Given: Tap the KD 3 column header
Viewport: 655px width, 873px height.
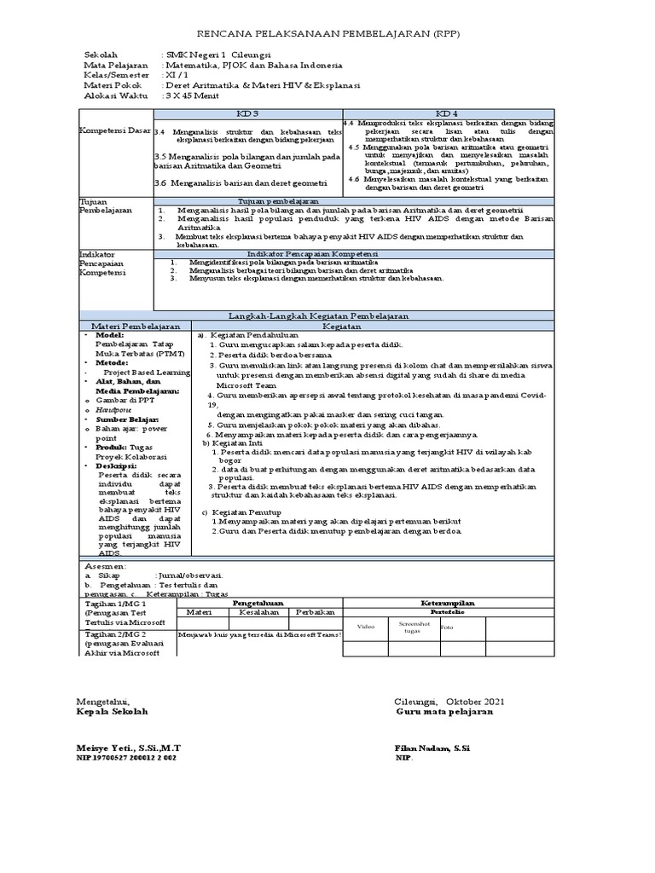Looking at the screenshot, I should click(246, 113).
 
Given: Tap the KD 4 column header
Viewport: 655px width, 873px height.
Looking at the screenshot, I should click(446, 113).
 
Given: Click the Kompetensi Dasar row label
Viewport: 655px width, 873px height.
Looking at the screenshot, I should click(114, 131).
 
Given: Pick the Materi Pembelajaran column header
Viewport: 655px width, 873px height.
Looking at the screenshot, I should click(132, 326).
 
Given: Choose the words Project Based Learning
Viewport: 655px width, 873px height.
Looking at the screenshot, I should click(142, 372).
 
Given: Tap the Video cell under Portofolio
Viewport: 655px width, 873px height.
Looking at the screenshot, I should click(366, 626).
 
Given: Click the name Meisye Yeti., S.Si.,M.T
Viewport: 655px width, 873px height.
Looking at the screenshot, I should click(129, 748).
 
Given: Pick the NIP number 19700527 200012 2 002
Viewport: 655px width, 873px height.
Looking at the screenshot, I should click(127, 757).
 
